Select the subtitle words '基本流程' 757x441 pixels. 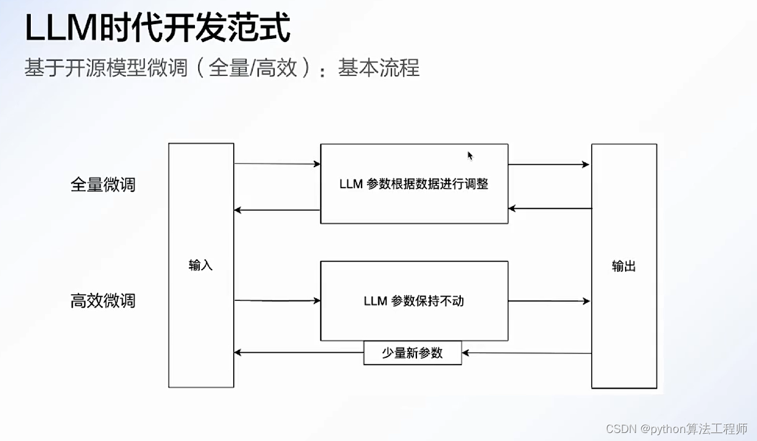[x=379, y=68]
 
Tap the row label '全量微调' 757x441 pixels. [x=103, y=184]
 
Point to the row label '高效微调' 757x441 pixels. [x=103, y=301]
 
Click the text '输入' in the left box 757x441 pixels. [x=201, y=265]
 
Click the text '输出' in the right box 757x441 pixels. [x=624, y=266]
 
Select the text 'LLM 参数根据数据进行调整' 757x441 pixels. [x=414, y=184]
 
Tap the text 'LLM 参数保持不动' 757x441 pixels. [x=414, y=301]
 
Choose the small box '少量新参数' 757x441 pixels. [x=412, y=353]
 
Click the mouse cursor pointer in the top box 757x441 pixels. [x=470, y=155]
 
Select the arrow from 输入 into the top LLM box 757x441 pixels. [x=277, y=164]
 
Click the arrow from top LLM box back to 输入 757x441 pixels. [x=277, y=210]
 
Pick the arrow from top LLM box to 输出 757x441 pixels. [x=548, y=165]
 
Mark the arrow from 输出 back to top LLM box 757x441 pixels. [x=550, y=208]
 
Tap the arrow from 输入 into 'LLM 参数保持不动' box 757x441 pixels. [x=277, y=301]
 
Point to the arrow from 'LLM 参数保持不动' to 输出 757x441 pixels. [x=548, y=301]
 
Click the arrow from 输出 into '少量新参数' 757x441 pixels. [x=526, y=353]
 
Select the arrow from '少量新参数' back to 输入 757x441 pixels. [x=299, y=353]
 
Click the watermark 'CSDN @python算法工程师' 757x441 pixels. [x=677, y=429]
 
